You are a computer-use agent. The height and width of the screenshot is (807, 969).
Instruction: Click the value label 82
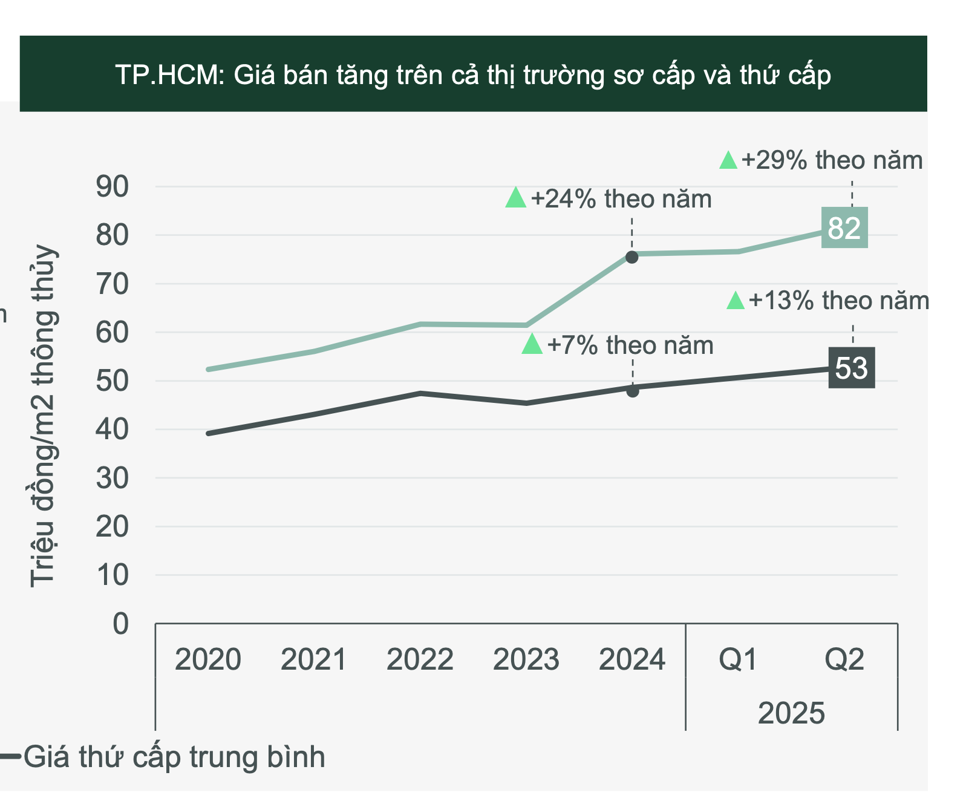click(x=844, y=228)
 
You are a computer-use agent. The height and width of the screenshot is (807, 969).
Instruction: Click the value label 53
click(x=851, y=368)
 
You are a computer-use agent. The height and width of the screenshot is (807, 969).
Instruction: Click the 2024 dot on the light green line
click(x=631, y=257)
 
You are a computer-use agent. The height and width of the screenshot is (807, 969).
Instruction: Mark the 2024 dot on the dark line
click(x=633, y=391)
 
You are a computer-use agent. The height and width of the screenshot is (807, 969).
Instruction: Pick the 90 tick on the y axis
click(x=113, y=187)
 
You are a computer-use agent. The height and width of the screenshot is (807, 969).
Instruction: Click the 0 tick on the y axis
click(x=121, y=624)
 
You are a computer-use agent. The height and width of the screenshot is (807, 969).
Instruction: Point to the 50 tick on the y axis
click(x=113, y=381)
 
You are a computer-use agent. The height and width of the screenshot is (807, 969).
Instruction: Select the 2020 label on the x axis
click(x=207, y=659)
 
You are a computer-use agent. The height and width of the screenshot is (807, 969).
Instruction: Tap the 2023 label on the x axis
click(x=526, y=659)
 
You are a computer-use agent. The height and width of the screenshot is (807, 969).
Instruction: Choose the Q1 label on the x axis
click(x=738, y=659)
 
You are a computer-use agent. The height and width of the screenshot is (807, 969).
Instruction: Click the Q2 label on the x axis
click(x=844, y=659)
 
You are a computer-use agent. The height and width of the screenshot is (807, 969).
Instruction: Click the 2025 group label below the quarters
click(x=791, y=713)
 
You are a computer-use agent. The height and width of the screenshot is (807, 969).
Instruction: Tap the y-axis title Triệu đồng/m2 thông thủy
click(x=44, y=416)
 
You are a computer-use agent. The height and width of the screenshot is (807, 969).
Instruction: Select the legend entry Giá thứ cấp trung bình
click(x=174, y=757)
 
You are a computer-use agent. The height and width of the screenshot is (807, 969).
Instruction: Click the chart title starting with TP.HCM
click(x=473, y=75)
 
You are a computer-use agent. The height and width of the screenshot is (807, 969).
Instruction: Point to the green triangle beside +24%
click(x=516, y=198)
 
